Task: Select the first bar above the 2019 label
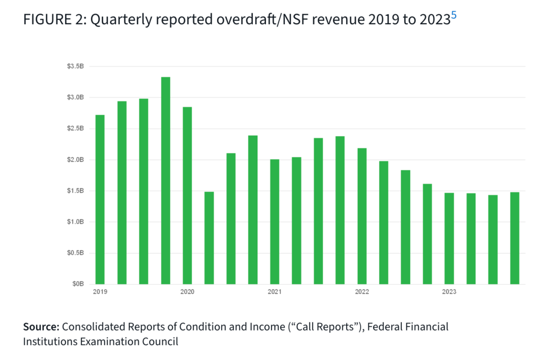pos(100,199)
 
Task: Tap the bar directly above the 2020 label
pos(187,195)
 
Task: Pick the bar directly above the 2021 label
pos(274,221)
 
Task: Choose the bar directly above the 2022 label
pos(361,215)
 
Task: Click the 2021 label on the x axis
pos(274,292)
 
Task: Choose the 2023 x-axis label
pos(449,292)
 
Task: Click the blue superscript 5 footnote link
pos(454,15)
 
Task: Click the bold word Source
pos(42,327)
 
